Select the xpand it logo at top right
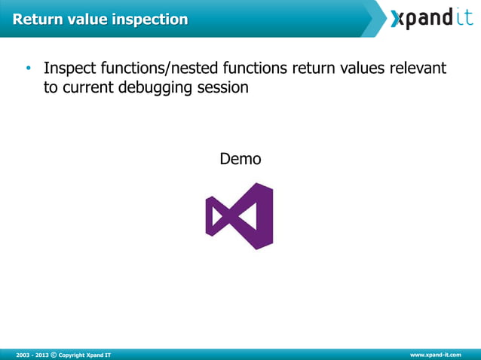point(432,18)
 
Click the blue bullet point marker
point(28,69)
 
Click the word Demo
point(240,159)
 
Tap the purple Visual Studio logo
point(240,215)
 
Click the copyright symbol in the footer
point(53,354)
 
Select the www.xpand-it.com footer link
point(435,354)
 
